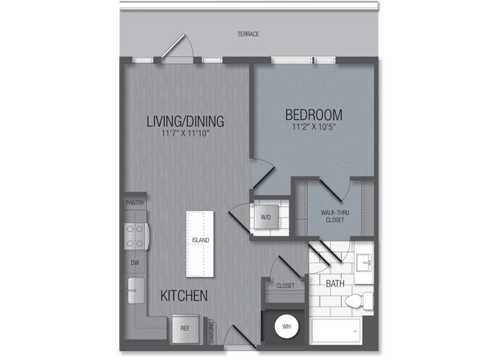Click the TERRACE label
pyautogui.click(x=248, y=34)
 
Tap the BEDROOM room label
pyautogui.click(x=314, y=115)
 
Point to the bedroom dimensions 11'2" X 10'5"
pyautogui.click(x=314, y=127)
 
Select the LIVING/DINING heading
pyautogui.click(x=185, y=121)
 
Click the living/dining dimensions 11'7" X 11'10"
pyautogui.click(x=185, y=133)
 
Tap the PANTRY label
pyautogui.click(x=135, y=203)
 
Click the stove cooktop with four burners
pyautogui.click(x=136, y=236)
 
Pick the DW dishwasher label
pyautogui.click(x=135, y=262)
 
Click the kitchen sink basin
pyautogui.click(x=136, y=290)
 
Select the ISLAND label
pyautogui.click(x=200, y=240)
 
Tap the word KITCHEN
pyautogui.click(x=184, y=296)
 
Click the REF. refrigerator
pyautogui.click(x=185, y=328)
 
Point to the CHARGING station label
pyautogui.click(x=211, y=334)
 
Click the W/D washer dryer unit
pyautogui.click(x=266, y=217)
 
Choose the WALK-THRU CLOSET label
pyautogui.click(x=335, y=216)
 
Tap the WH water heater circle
pyautogui.click(x=286, y=327)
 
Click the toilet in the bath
pyautogui.click(x=359, y=301)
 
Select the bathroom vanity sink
pyautogui.click(x=363, y=263)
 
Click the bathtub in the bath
pyautogui.click(x=336, y=331)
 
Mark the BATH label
pyautogui.click(x=335, y=283)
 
